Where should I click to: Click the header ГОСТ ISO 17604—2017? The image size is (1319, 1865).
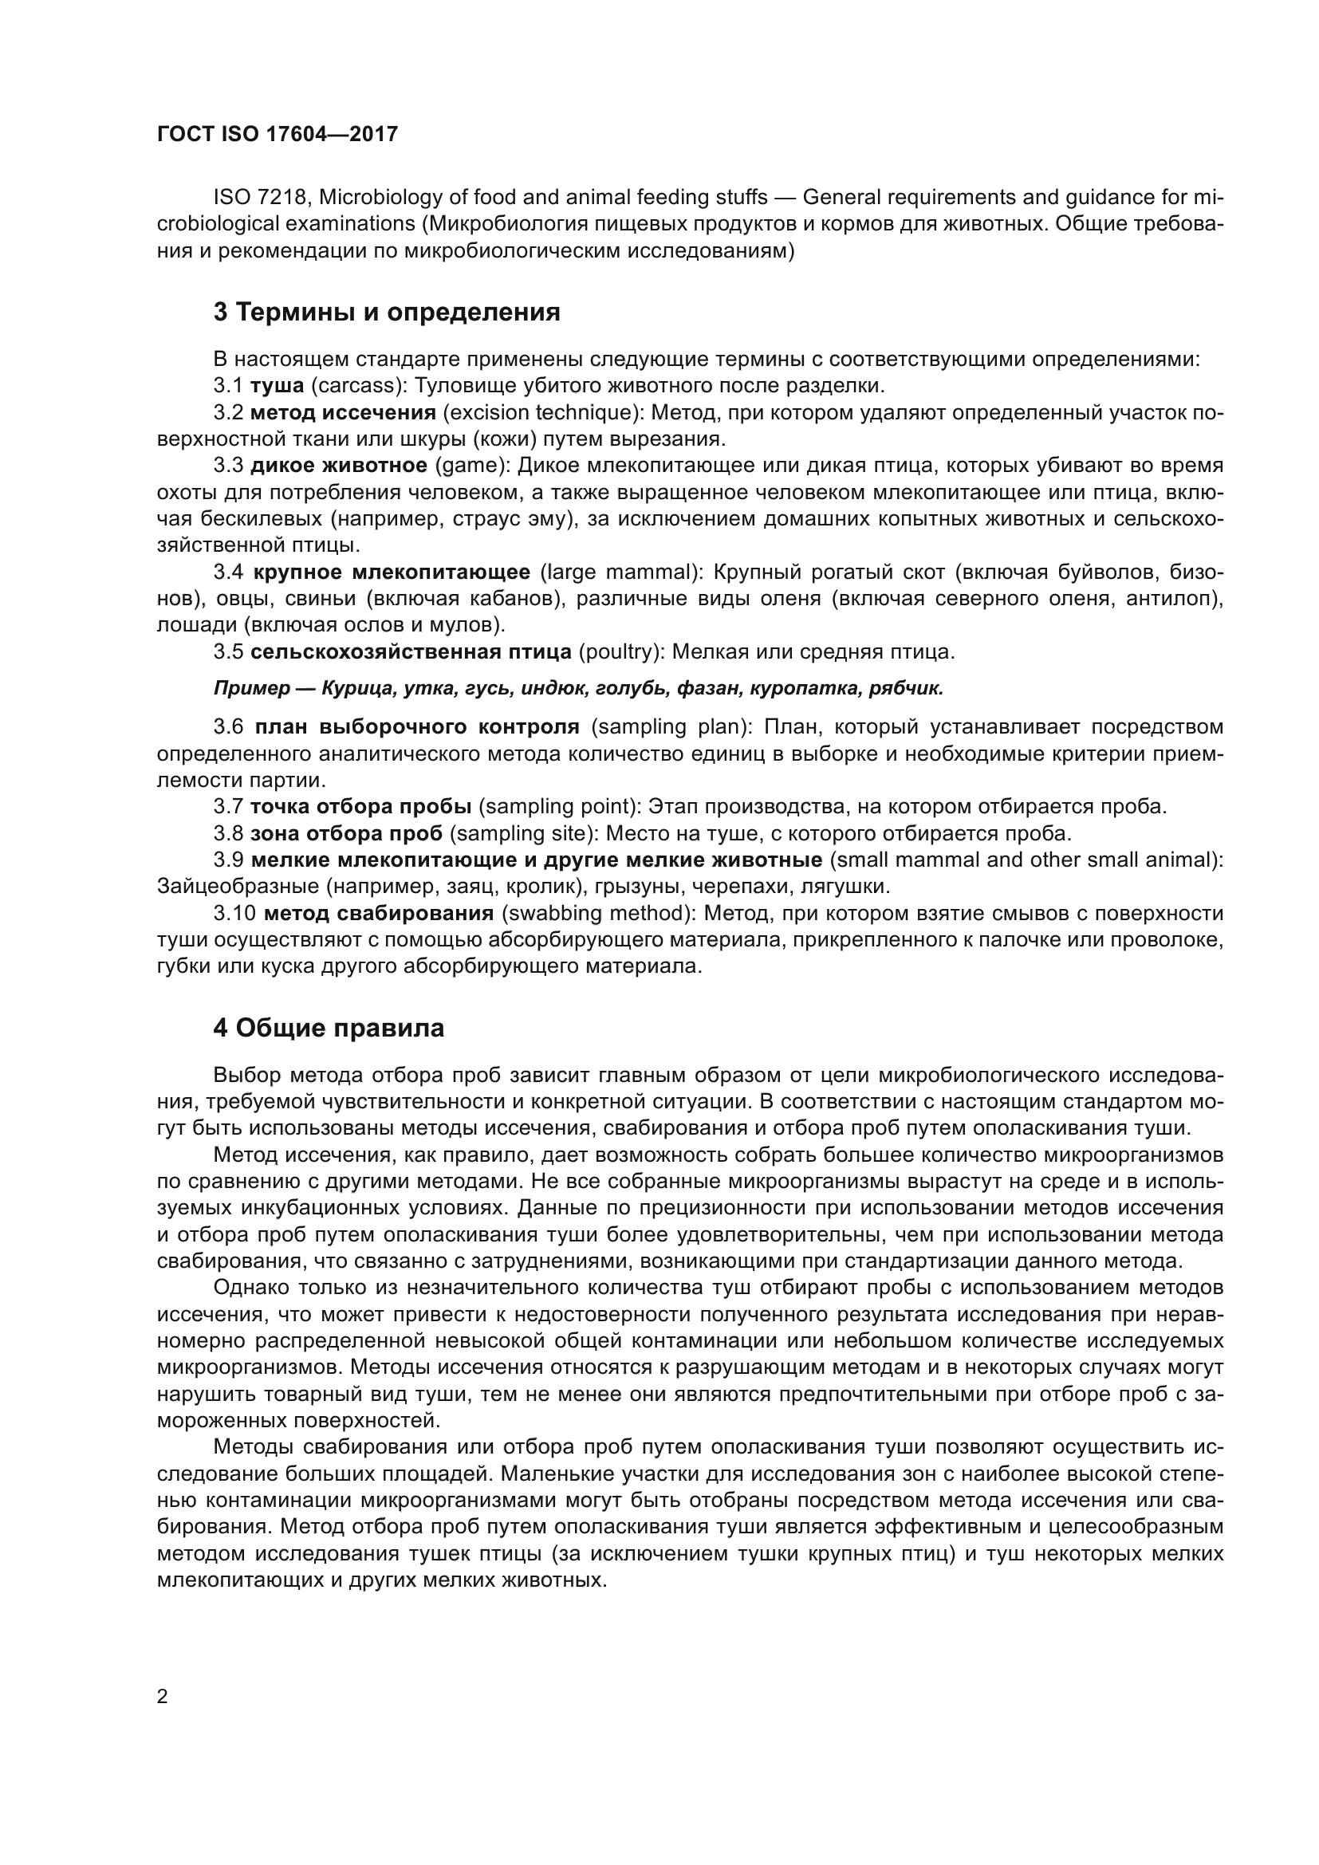pos(277,134)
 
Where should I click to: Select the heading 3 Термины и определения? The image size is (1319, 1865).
pos(387,312)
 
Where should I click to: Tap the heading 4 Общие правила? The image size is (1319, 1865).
pos(329,1028)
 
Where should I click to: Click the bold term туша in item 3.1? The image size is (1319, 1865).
pos(277,385)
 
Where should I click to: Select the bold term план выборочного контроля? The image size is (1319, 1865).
pos(416,726)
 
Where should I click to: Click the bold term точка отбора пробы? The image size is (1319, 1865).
pos(360,807)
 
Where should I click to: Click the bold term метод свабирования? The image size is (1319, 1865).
pos(380,913)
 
